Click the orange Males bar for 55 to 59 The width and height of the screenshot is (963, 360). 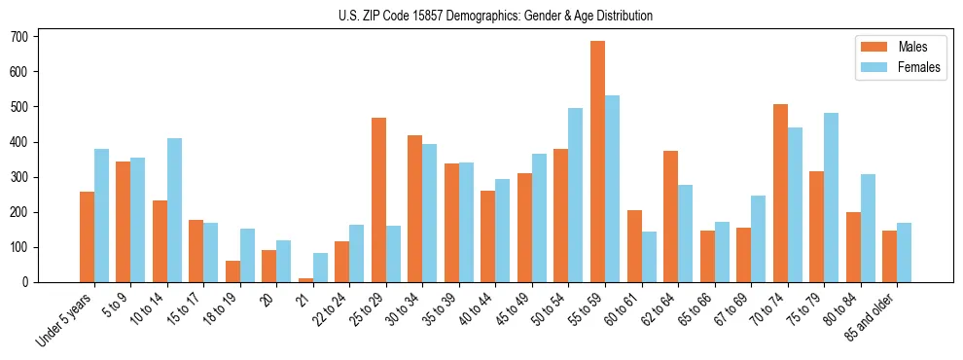[x=597, y=162]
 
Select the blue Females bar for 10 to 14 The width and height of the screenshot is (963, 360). [x=174, y=210]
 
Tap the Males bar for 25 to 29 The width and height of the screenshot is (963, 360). [x=378, y=199]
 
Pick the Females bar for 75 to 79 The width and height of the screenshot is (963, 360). [x=831, y=198]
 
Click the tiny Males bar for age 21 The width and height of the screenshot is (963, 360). [x=305, y=280]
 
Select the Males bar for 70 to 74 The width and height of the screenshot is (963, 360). [x=780, y=193]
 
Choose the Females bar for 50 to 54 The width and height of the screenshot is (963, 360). [x=576, y=195]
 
